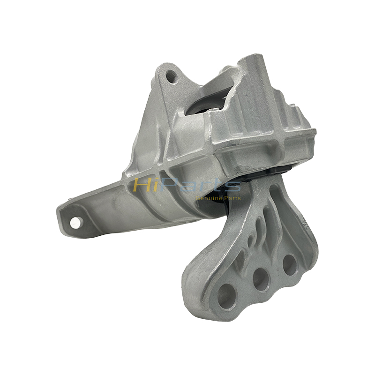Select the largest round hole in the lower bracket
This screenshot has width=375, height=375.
pos(226,296)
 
